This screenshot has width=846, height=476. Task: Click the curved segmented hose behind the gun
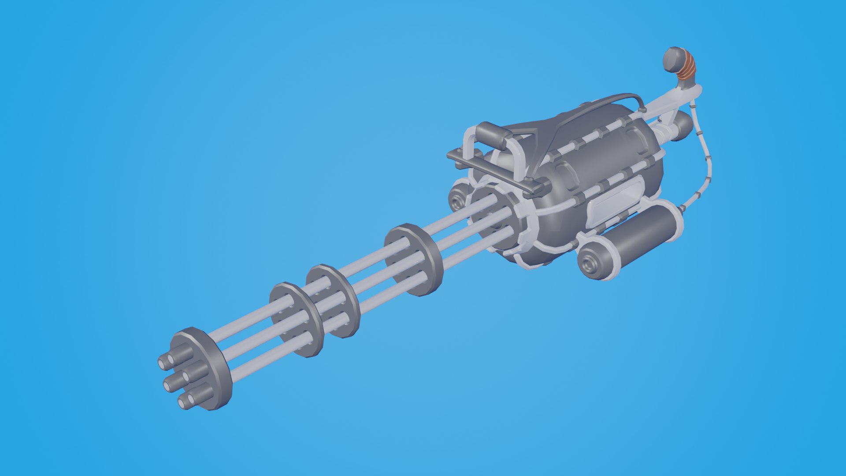(x=705, y=167)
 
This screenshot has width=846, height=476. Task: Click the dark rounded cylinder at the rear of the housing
(x=681, y=126)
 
